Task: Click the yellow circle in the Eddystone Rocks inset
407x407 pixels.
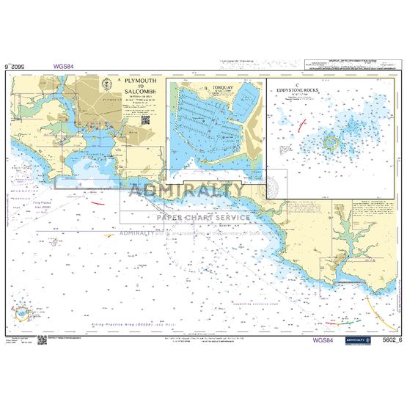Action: (329, 141)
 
